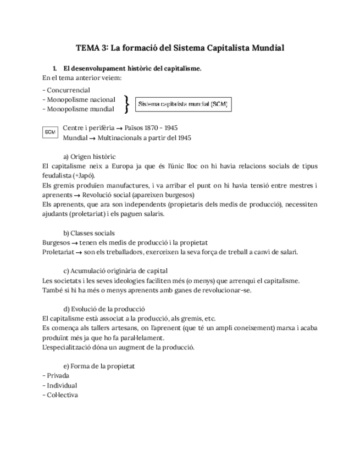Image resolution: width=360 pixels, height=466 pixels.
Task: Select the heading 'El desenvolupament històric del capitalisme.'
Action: (132, 69)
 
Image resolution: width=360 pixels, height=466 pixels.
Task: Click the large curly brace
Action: (127, 103)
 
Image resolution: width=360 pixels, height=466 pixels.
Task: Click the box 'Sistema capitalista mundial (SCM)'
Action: (182, 103)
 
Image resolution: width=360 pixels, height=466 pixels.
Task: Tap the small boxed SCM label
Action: (50, 132)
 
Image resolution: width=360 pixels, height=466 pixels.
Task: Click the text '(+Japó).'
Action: (82, 175)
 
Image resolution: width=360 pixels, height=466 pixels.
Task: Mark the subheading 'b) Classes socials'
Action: (89, 233)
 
